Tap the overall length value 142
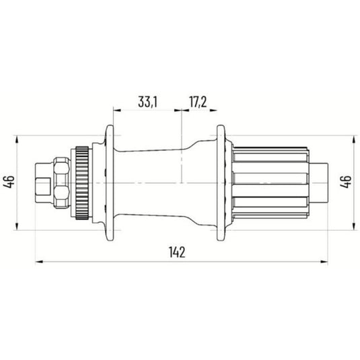pyautogui.click(x=178, y=252)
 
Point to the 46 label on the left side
pyautogui.click(x=9, y=182)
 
